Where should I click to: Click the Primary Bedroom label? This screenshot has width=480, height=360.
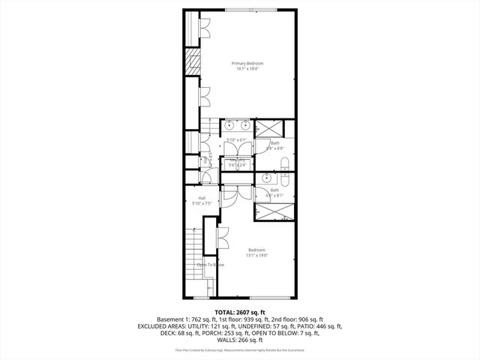point(247,63)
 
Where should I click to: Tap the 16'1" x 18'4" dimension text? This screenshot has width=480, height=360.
point(247,70)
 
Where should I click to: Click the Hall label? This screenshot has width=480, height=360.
point(202,197)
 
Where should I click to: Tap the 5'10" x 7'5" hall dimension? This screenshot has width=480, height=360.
point(202,203)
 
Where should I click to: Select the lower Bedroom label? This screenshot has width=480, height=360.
point(256,250)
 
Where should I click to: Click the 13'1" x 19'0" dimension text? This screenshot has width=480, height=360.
point(256,256)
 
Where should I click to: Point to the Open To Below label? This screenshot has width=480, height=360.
point(211,265)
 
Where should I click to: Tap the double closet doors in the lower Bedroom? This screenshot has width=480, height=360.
point(222,242)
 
